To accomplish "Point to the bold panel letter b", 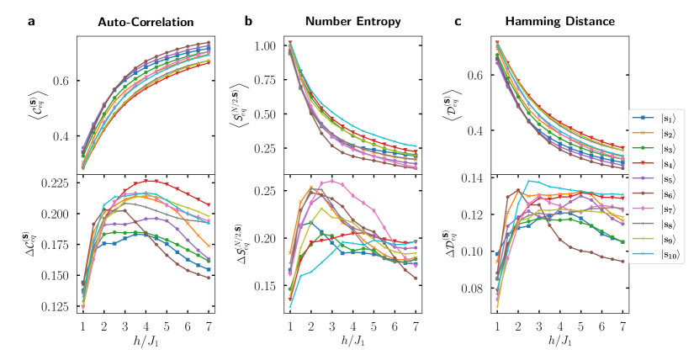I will [x=249, y=21].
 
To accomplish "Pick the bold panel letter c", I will [x=458, y=21].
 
